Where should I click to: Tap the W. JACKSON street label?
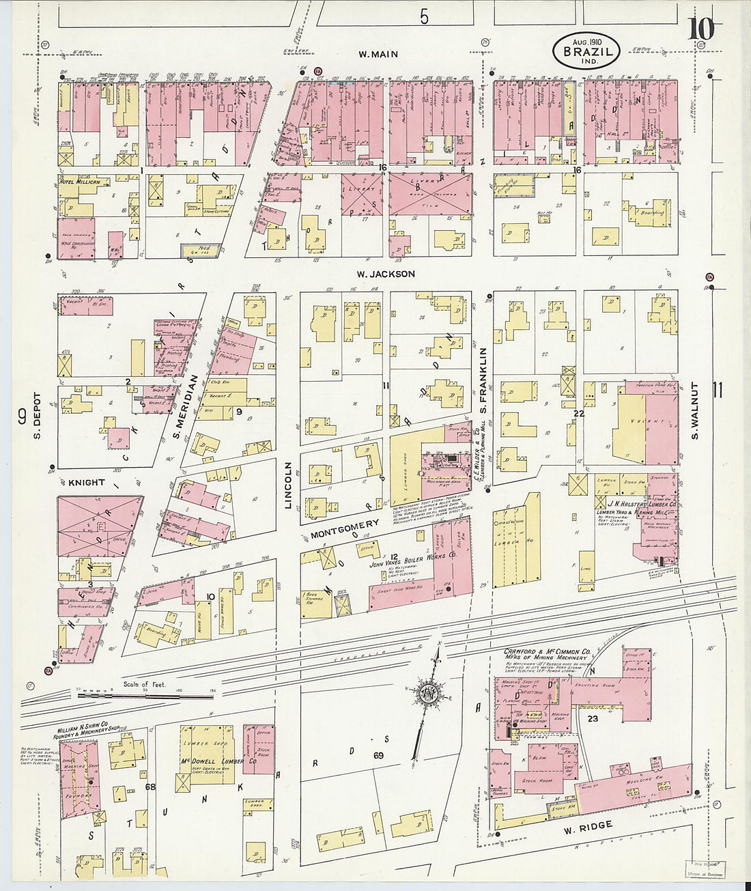click(386, 274)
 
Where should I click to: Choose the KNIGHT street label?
click(86, 482)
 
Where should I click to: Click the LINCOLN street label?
click(288, 485)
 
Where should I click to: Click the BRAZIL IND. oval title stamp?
click(586, 51)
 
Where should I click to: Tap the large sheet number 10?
click(701, 29)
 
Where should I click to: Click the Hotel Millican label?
click(81, 182)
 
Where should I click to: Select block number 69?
click(378, 756)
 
